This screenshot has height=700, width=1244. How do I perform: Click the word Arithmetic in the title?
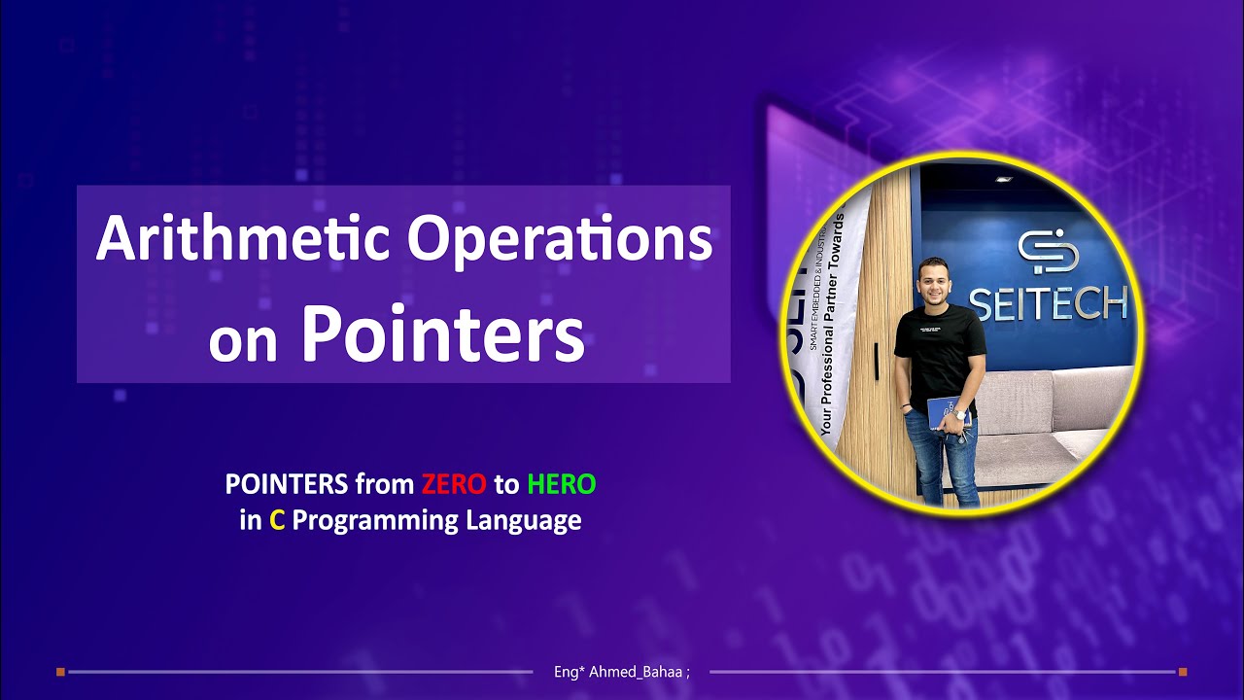(243, 238)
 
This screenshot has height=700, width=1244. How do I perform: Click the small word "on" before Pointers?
(243, 342)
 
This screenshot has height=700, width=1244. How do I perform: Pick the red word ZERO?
(454, 483)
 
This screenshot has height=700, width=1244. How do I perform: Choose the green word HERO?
(562, 483)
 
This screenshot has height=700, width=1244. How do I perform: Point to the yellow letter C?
(277, 520)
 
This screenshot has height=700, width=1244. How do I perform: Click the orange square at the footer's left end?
(60, 671)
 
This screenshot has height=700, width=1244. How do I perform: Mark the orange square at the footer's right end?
(1183, 671)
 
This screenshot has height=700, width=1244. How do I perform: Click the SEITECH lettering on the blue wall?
(1048, 304)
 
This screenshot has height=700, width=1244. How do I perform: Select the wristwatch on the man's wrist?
(959, 415)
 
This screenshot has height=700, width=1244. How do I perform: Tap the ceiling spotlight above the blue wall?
(1002, 179)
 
